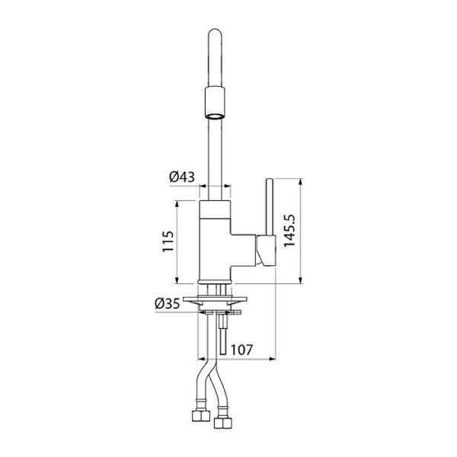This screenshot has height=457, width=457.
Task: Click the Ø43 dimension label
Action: click(182, 177)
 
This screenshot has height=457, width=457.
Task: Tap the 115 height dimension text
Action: click(168, 241)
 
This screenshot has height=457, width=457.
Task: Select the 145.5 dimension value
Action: click(289, 231)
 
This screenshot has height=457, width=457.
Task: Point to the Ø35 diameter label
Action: click(168, 304)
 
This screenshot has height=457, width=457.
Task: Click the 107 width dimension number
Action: click(242, 350)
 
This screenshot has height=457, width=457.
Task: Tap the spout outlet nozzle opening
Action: click(215, 117)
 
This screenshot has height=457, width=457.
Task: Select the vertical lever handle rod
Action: click(270, 206)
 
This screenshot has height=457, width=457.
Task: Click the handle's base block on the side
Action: click(266, 251)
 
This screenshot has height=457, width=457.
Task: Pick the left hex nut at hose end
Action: click(201, 416)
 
